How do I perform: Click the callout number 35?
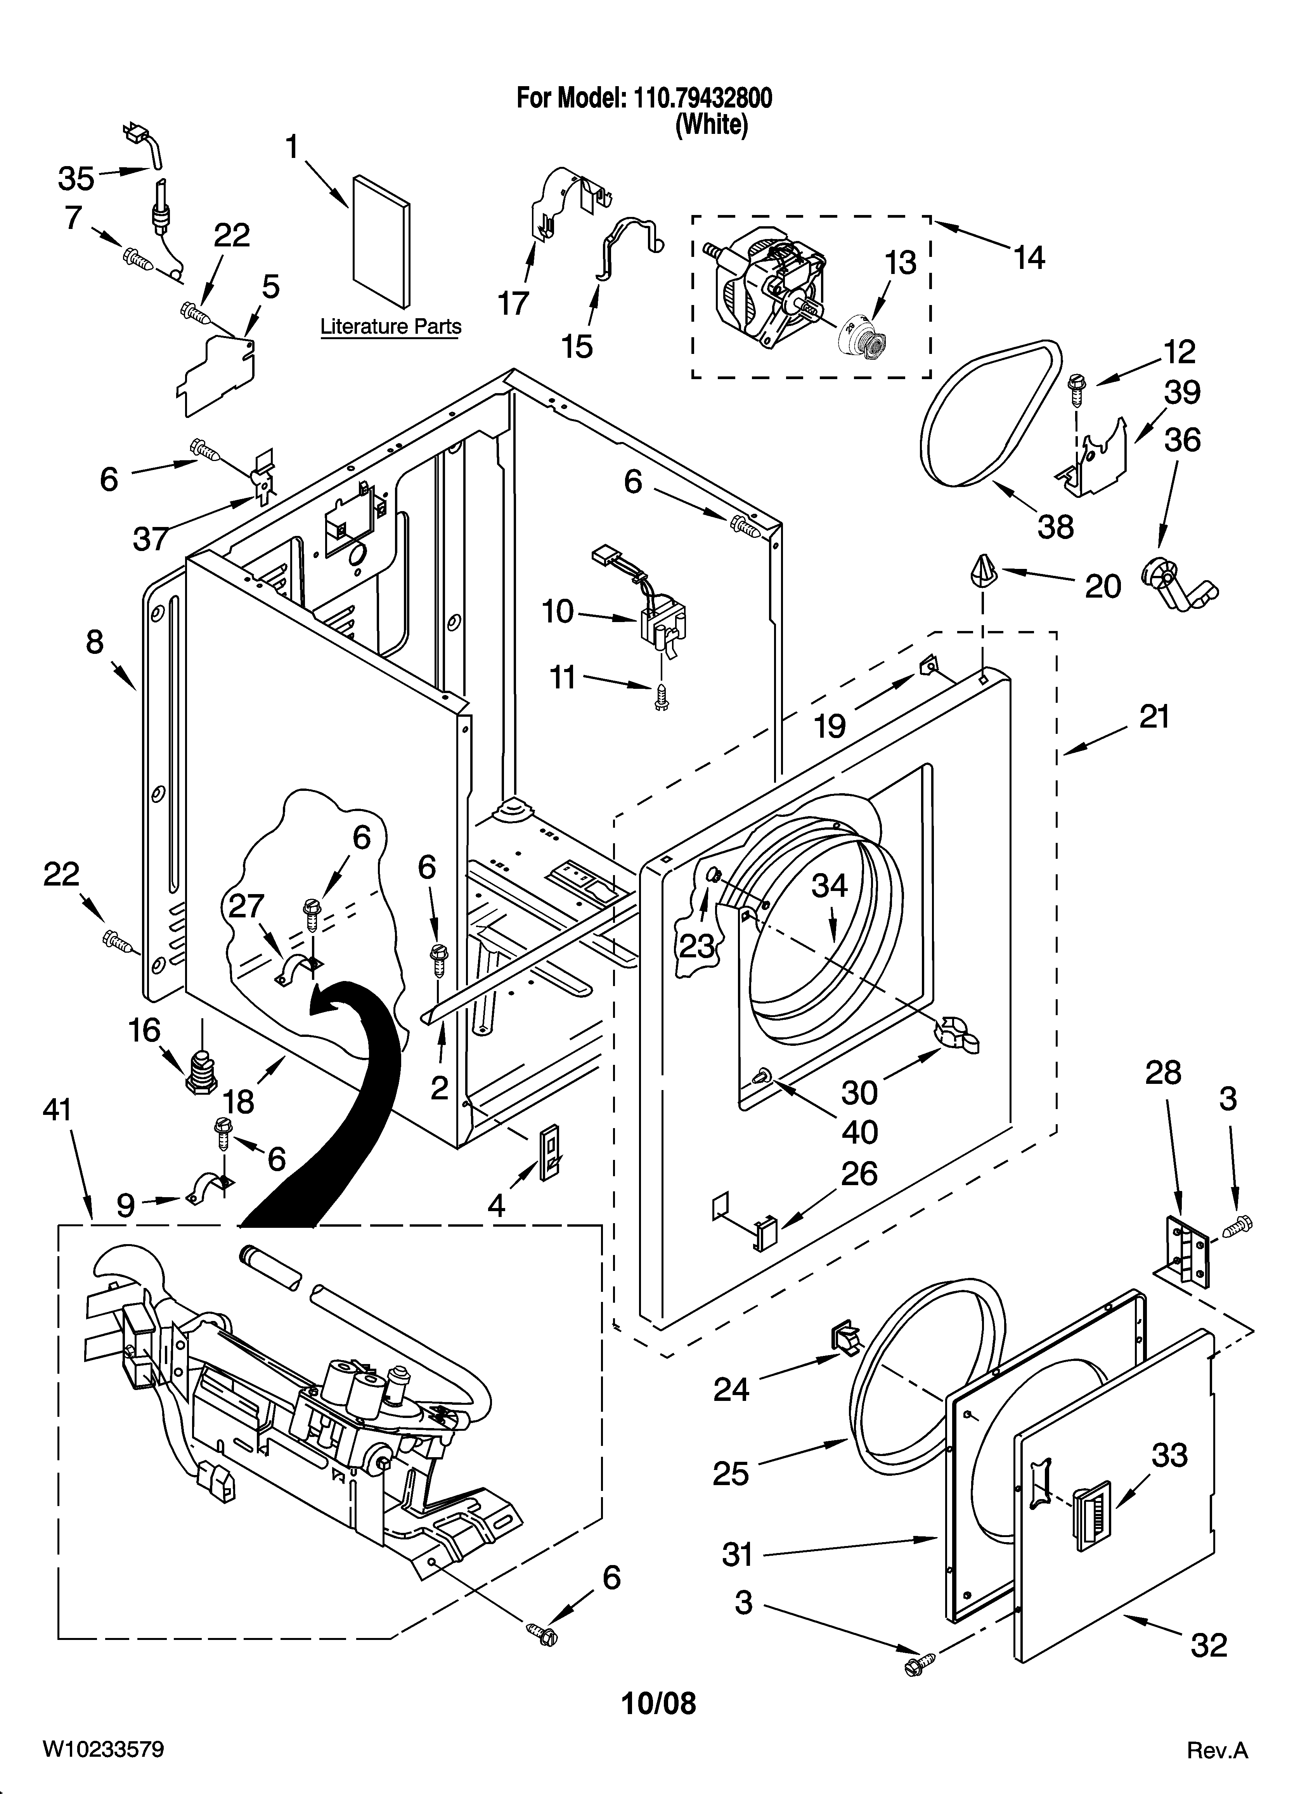pyautogui.click(x=76, y=179)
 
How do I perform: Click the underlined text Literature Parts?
pyautogui.click(x=391, y=327)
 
